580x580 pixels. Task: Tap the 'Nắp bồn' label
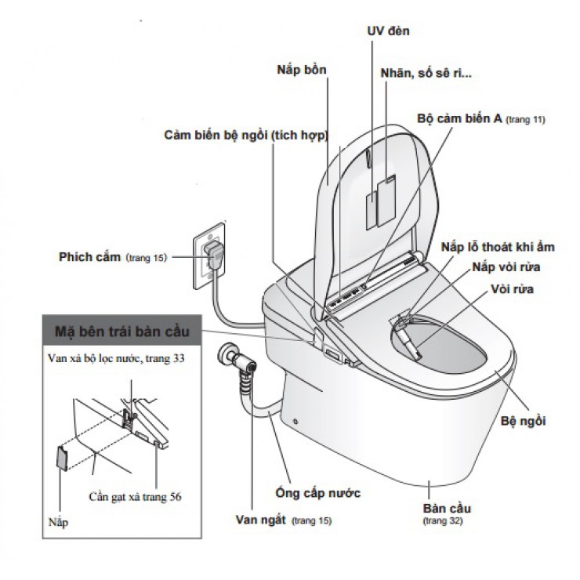click(x=301, y=69)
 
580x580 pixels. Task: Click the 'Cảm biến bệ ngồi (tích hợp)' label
click(x=245, y=135)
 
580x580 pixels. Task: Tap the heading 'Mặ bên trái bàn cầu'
click(x=121, y=328)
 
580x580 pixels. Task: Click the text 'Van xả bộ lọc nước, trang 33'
click(x=119, y=358)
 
